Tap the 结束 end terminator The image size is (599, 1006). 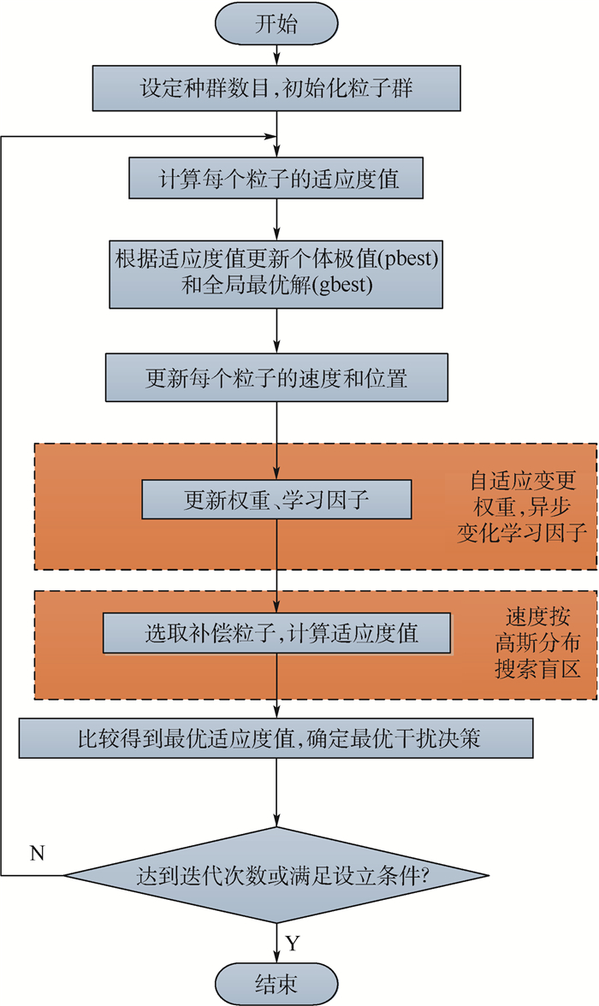276,983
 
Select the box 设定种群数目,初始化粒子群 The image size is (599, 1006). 276,86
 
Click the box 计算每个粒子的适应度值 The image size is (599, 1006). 276,179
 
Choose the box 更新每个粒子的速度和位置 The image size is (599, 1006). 276,377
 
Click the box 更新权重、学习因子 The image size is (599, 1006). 276,499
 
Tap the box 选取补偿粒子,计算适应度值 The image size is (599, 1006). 276,634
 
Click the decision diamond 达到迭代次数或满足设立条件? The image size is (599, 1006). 276,876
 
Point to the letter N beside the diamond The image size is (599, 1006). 37,853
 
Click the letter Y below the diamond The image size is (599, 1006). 293,944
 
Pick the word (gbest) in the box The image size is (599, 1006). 344,287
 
